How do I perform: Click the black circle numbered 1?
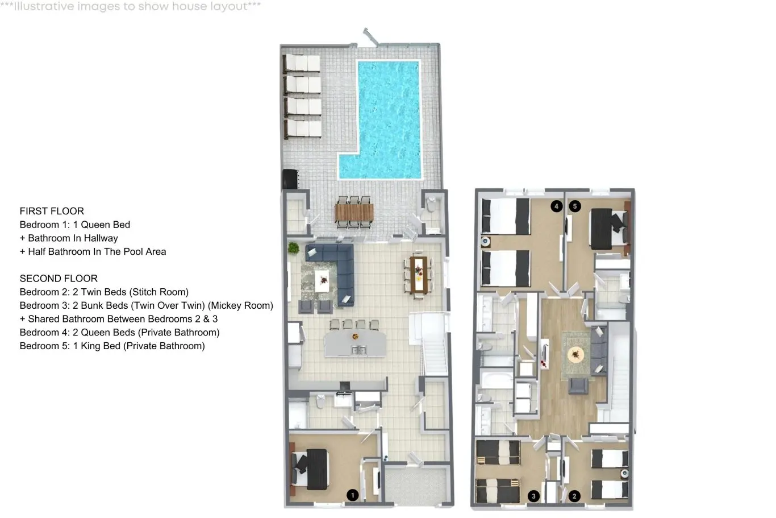353,495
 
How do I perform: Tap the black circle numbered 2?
574,496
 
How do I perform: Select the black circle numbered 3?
533,496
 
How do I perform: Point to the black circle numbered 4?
556,206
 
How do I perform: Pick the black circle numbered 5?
575,206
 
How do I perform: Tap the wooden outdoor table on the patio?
354,212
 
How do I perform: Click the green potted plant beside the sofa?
294,247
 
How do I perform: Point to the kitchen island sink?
359,350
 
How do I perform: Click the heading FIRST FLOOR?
52,211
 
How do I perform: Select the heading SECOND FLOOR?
59,279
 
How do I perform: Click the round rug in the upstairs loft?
576,354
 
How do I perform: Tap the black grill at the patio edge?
290,179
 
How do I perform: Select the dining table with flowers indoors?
419,274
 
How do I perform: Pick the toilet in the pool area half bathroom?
431,205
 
